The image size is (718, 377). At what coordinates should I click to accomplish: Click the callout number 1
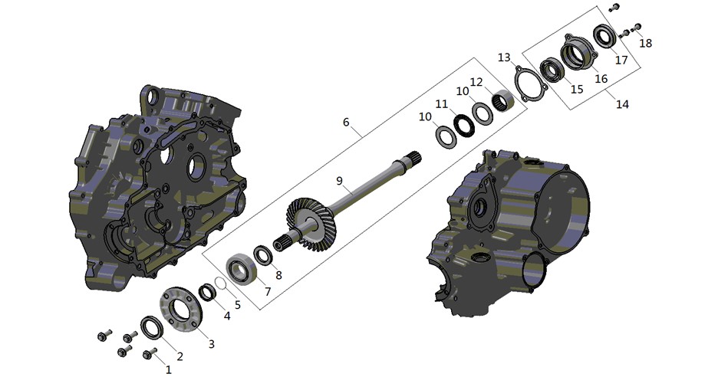[169, 369]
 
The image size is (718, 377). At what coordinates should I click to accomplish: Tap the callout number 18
[646, 43]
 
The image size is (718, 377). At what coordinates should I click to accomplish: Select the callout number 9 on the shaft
[339, 181]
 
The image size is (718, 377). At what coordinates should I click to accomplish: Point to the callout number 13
[504, 57]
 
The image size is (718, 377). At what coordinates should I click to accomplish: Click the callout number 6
[346, 122]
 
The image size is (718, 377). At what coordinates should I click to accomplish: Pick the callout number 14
[622, 104]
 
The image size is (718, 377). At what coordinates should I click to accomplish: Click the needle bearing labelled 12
[502, 100]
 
